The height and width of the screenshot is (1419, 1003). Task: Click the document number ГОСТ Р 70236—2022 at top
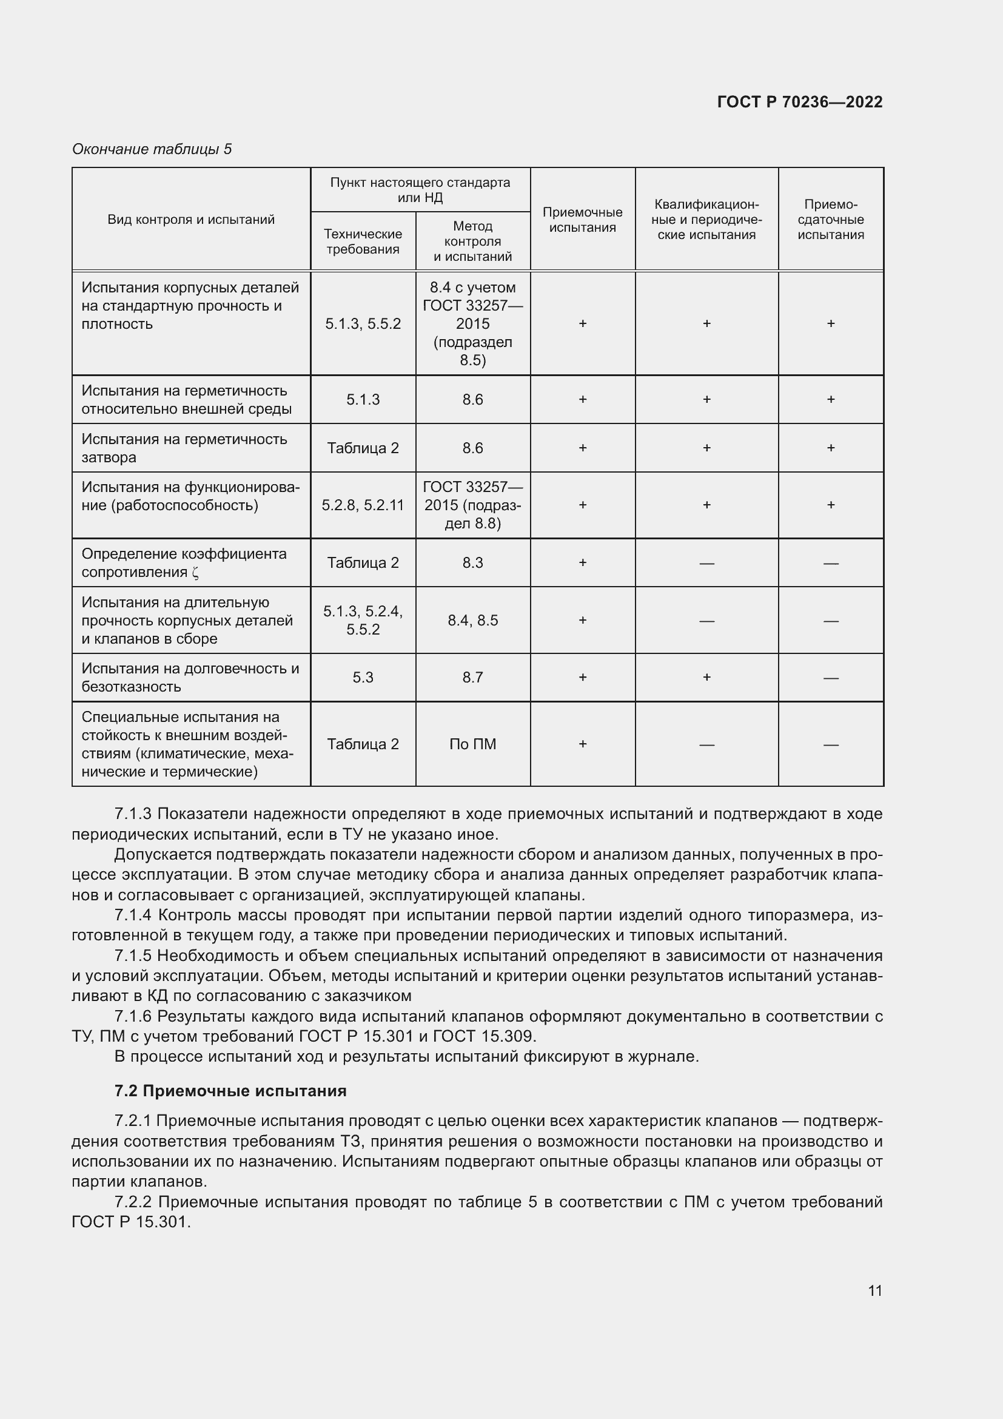(x=799, y=102)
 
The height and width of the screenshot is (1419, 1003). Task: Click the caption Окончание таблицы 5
(x=152, y=149)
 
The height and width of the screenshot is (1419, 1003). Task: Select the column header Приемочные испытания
(x=582, y=220)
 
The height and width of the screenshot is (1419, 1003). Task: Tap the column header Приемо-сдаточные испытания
(x=830, y=220)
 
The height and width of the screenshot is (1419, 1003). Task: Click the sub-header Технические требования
(x=363, y=241)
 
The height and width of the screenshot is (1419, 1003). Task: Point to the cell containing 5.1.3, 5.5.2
(x=363, y=324)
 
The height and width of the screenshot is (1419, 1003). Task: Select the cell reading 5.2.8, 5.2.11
(x=363, y=505)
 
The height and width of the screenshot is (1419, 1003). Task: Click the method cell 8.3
(x=472, y=563)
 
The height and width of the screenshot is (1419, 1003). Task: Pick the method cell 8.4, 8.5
(x=472, y=621)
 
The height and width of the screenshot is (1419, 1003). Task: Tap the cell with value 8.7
(x=472, y=678)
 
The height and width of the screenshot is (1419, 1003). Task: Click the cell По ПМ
(x=472, y=744)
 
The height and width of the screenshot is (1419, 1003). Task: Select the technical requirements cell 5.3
(x=363, y=678)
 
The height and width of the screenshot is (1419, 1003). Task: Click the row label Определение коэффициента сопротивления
(x=184, y=563)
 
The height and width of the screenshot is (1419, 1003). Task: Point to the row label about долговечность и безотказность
(x=190, y=678)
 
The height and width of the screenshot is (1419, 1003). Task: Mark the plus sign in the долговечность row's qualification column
(x=706, y=678)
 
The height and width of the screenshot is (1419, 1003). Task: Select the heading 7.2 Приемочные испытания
(x=230, y=1091)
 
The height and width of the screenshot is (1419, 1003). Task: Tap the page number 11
(x=874, y=1291)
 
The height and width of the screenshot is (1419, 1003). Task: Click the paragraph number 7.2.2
(x=133, y=1202)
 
